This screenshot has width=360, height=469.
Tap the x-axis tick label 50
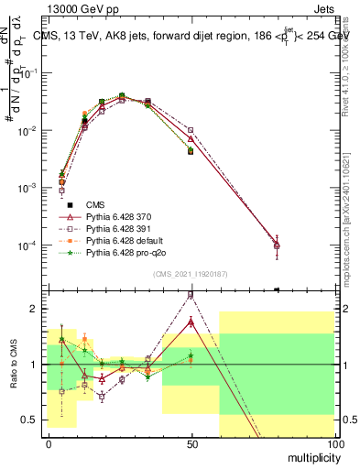click(191, 443)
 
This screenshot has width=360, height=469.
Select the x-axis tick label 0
click(49, 443)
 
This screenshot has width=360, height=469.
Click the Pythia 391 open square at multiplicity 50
click(191, 131)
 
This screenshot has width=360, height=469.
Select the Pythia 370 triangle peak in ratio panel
click(191, 322)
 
